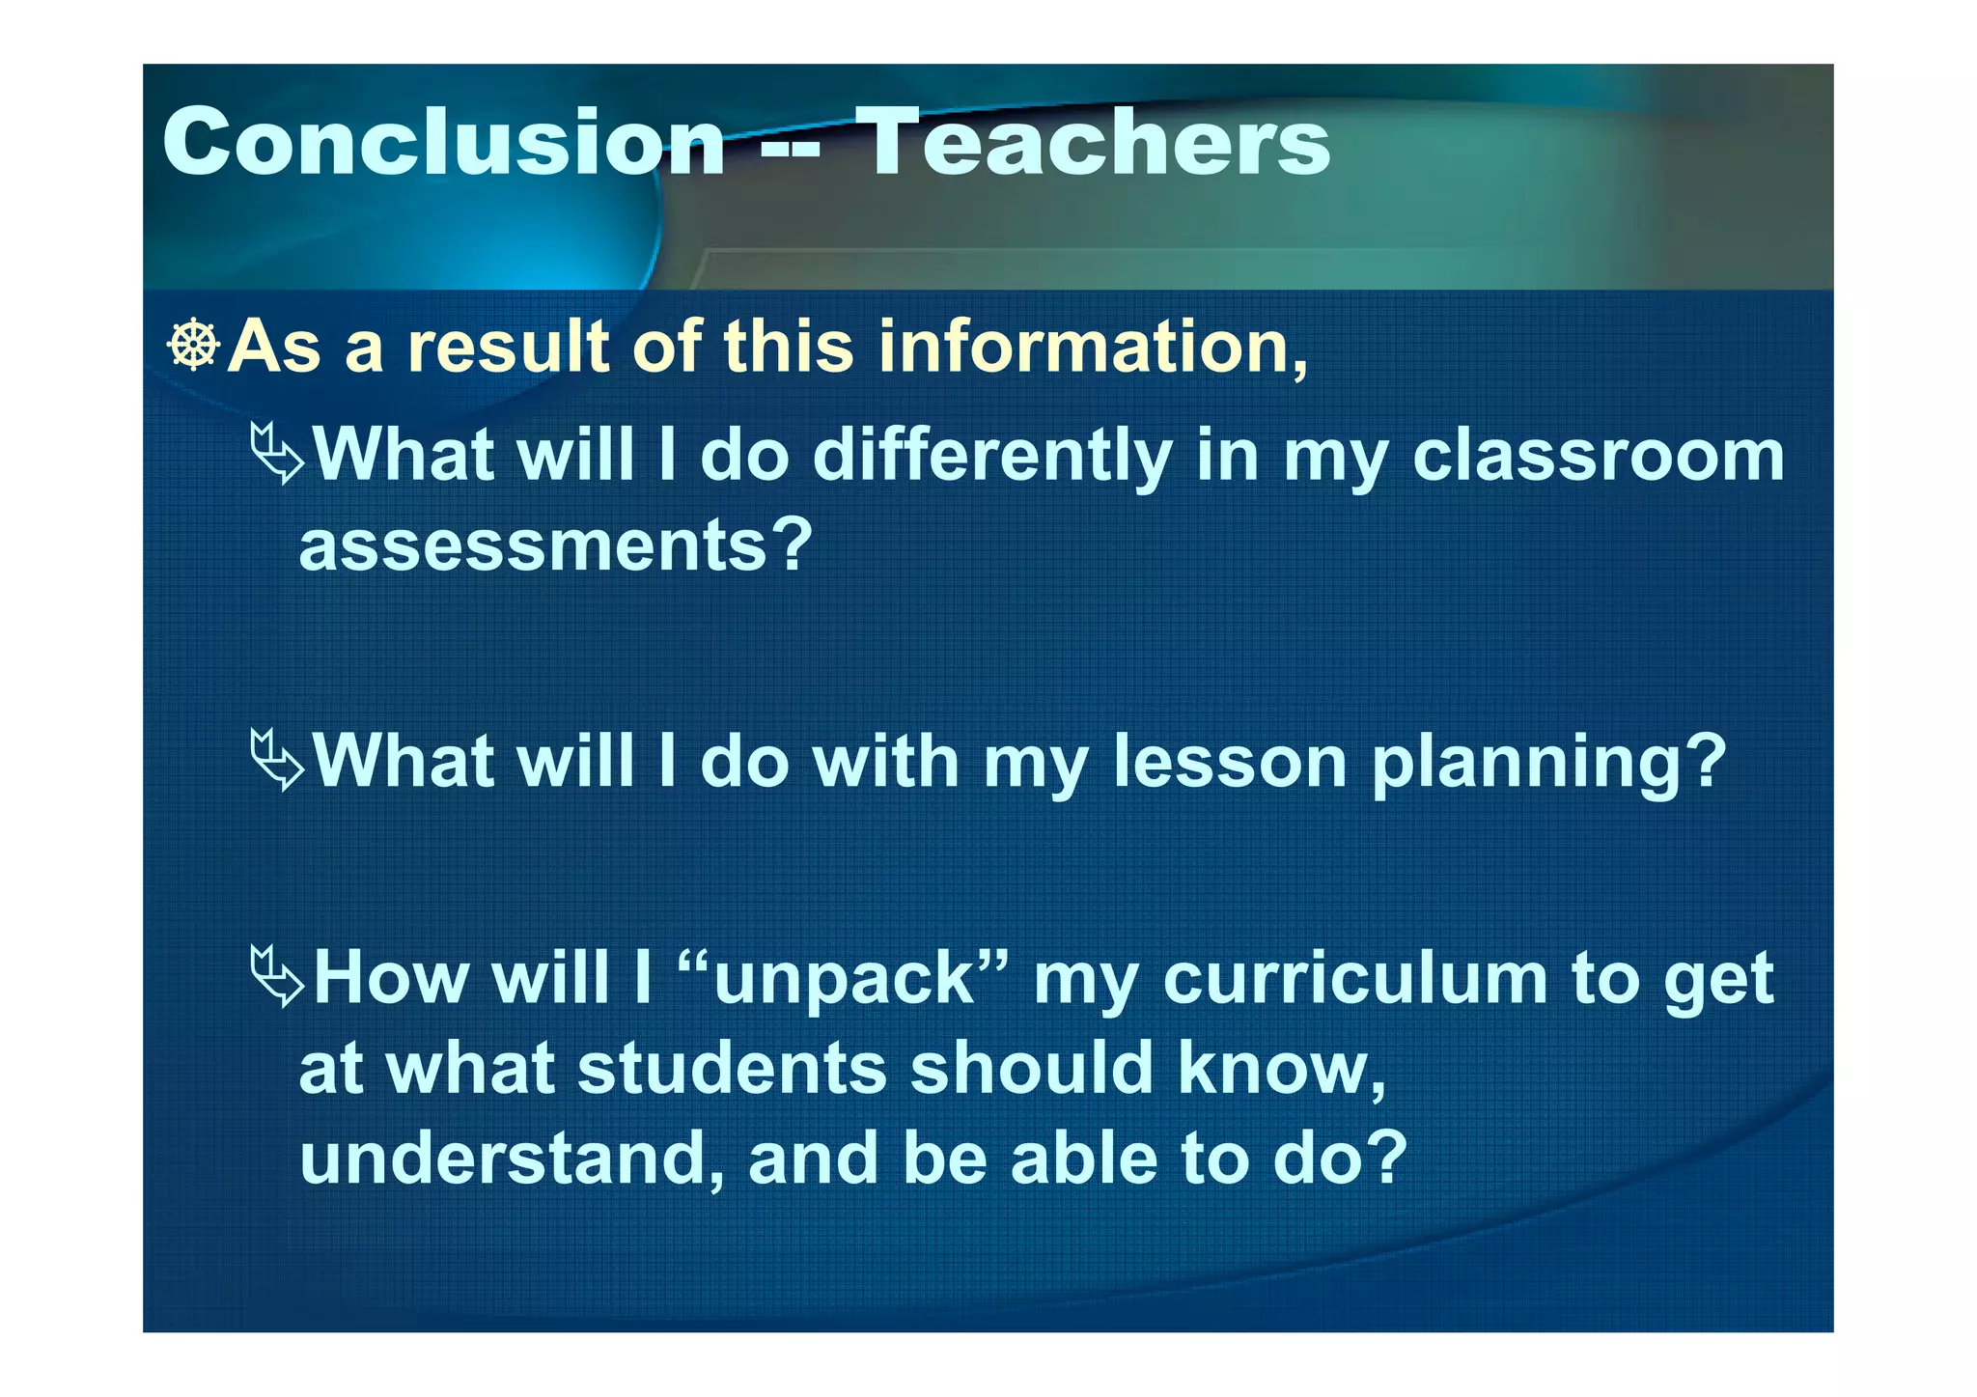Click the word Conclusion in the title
pyautogui.click(x=443, y=142)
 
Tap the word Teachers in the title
pyautogui.click(x=1093, y=142)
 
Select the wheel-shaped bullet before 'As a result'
pyautogui.click(x=194, y=345)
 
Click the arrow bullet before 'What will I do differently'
pyautogui.click(x=276, y=453)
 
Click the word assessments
pyautogui.click(x=555, y=545)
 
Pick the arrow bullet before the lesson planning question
pyautogui.click(x=276, y=760)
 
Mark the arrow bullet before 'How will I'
pyautogui.click(x=276, y=977)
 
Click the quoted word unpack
pyautogui.click(x=844, y=979)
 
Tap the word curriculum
pyautogui.click(x=1355, y=979)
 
